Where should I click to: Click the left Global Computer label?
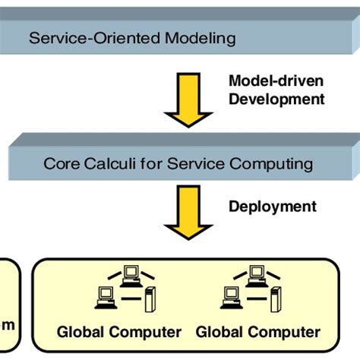pyautogui.click(x=118, y=332)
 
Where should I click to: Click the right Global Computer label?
pyautogui.click(x=257, y=332)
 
